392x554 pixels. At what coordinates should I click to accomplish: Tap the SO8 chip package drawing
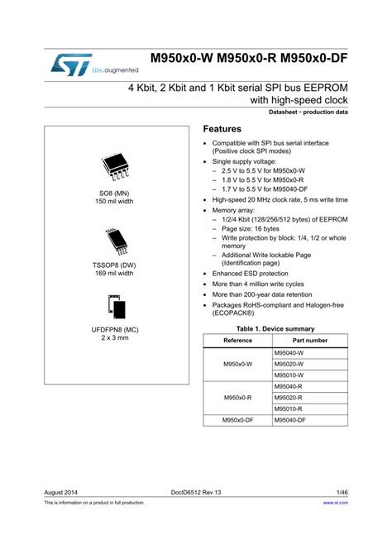[x=113, y=168]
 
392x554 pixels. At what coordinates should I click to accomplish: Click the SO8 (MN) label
[x=114, y=193]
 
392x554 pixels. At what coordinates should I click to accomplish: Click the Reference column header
[x=237, y=341]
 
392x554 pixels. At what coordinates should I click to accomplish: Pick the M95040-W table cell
[x=289, y=353]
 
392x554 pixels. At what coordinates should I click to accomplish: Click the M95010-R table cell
[x=289, y=408]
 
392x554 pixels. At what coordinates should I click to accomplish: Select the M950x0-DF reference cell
[x=237, y=420]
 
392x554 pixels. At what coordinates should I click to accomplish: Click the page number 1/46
[x=340, y=491]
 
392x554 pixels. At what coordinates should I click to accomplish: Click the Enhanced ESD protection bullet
[x=251, y=272]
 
